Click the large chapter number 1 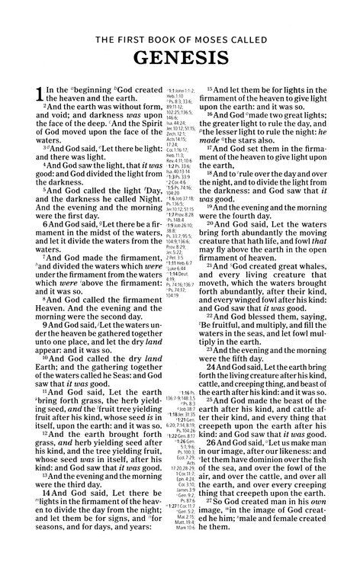coord(40,98)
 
